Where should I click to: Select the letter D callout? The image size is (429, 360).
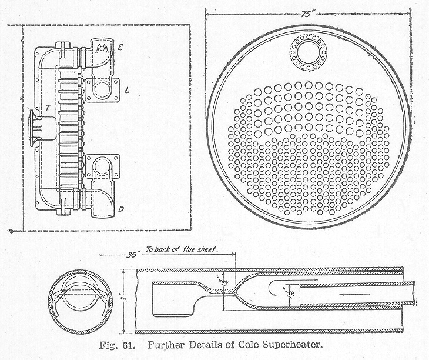[x=121, y=208]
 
